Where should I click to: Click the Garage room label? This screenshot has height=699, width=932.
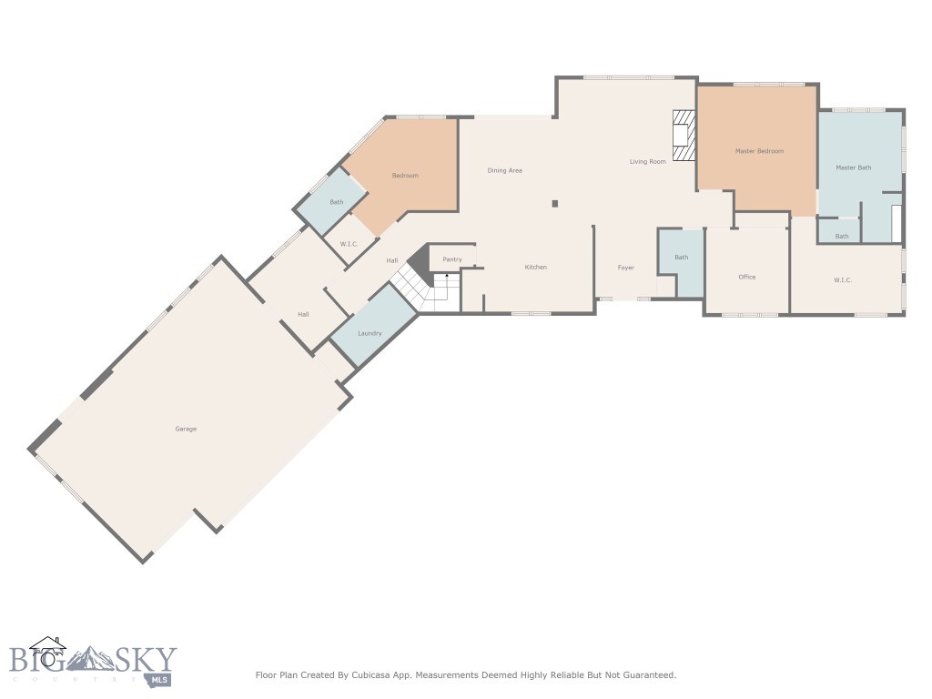(x=186, y=429)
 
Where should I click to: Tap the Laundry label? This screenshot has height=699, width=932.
(x=370, y=333)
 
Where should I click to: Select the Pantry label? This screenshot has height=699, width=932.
(x=452, y=259)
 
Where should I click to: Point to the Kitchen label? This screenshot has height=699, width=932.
(x=535, y=267)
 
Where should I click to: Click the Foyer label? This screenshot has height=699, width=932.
(x=625, y=268)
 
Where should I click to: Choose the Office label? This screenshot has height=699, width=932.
(x=746, y=277)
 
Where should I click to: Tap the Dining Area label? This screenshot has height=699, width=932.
(x=504, y=170)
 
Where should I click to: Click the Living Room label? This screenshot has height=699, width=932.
(x=647, y=161)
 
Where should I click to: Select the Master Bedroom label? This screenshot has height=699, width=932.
(x=759, y=151)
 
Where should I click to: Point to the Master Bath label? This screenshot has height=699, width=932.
(x=853, y=167)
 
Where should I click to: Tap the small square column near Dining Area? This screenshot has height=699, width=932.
(x=553, y=204)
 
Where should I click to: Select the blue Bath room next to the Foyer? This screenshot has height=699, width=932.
(x=681, y=258)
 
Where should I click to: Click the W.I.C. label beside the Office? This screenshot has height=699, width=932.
(x=842, y=279)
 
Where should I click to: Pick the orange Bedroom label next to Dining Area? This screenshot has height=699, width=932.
(x=405, y=175)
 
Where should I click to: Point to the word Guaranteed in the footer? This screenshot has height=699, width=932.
(x=646, y=675)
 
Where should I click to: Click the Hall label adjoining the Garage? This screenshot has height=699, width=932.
(x=303, y=314)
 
